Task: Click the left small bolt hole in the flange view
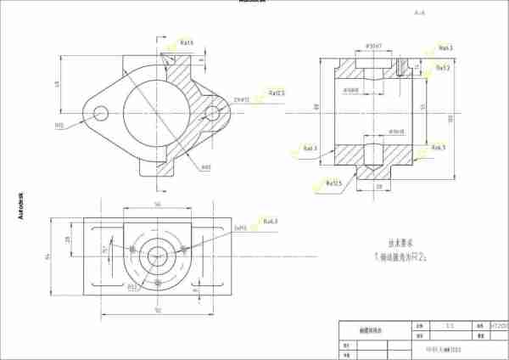point(101,112)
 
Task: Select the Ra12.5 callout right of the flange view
point(277,93)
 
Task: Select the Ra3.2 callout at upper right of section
point(443,67)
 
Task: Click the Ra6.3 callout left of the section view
point(309,149)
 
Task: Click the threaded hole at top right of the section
point(399,65)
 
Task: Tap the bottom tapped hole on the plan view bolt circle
point(158,282)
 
